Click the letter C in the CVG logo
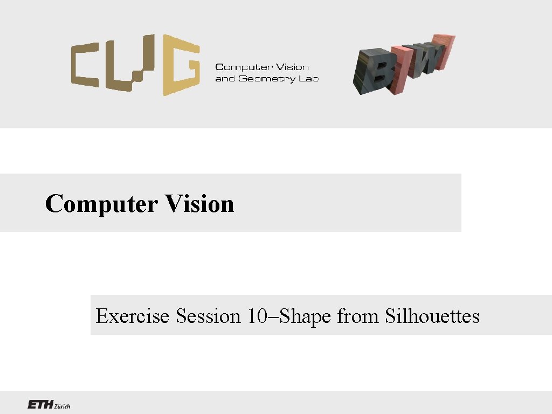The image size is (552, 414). point(89,67)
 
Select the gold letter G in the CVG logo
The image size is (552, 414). point(181,65)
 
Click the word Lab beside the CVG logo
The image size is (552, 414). point(309,79)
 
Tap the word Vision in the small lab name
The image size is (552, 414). point(292,67)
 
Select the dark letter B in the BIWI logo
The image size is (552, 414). point(373,70)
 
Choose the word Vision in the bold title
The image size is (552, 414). point(199,204)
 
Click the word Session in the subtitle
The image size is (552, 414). point(208,316)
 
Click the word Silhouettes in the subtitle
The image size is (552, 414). point(432,316)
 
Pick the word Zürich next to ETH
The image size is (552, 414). point(61,406)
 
